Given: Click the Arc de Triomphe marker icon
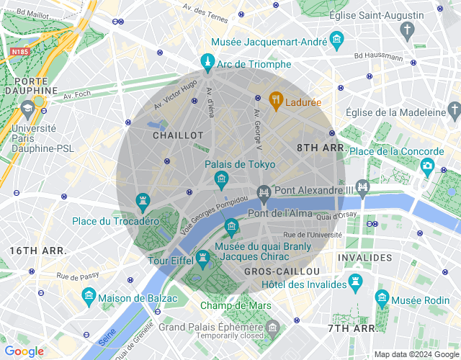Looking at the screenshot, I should (207, 61).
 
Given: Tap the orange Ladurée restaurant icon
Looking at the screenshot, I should (275, 99).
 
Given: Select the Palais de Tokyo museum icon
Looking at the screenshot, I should (221, 178).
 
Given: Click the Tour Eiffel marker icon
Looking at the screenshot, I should (202, 257).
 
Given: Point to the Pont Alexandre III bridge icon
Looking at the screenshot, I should (362, 189).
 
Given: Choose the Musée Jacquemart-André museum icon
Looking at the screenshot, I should (336, 39).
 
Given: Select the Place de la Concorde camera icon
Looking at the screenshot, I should (428, 166).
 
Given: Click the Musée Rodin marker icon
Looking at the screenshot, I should (382, 297).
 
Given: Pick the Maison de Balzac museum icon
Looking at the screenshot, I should (89, 295).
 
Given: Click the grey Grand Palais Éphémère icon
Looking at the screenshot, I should (272, 329).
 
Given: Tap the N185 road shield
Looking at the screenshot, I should (19, 52).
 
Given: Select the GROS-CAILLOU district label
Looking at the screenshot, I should (282, 271).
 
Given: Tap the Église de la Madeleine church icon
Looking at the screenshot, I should (454, 109).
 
